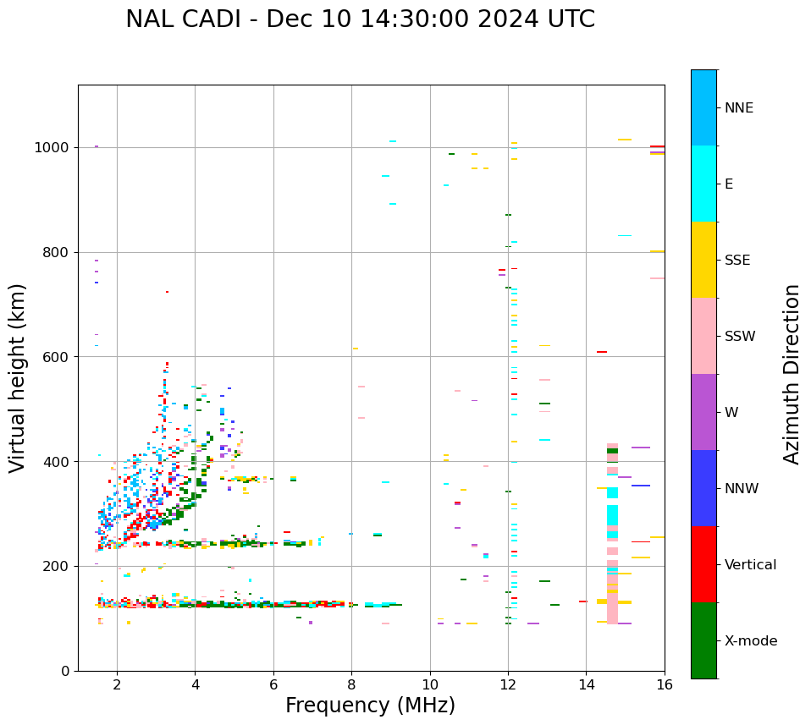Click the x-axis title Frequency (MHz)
coord(370,706)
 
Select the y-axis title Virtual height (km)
coord(18,377)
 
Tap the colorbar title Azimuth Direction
coord(792,374)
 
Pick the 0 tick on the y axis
coord(64,671)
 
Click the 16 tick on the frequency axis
coord(665,684)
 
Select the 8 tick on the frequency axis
coord(351,684)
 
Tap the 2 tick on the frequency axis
coord(117,684)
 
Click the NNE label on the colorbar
coord(738,108)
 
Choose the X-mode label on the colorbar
coord(751,641)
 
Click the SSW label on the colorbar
coord(740,337)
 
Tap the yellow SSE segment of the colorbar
coord(703,260)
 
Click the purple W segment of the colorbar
coord(703,412)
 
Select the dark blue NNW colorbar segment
coord(703,488)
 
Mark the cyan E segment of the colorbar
coord(703,184)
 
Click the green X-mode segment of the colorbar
coord(703,640)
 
